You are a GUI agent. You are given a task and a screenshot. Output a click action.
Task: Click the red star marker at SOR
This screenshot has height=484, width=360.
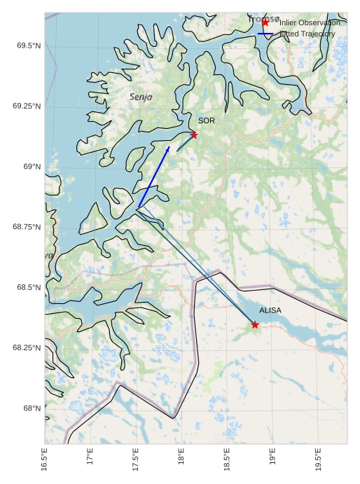point(194,134)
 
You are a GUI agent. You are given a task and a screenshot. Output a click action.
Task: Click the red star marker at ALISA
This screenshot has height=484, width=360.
point(255,324)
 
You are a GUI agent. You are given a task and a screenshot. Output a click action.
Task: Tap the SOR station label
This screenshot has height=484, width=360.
point(206,121)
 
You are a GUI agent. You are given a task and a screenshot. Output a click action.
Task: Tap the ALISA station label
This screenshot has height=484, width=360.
point(270,310)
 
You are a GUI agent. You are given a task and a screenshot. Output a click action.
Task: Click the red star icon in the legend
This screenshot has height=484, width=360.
point(265,22)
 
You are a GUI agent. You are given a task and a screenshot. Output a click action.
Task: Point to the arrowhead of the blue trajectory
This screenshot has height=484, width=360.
point(168,148)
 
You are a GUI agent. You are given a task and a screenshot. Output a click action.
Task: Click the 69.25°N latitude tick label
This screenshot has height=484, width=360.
point(27,106)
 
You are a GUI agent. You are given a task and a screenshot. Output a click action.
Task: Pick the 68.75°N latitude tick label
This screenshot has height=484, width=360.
point(27,227)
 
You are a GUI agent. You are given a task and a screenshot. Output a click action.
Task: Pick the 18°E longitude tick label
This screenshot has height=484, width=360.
point(181,459)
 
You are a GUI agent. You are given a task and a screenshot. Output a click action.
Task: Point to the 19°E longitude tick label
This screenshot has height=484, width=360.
point(272,459)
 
